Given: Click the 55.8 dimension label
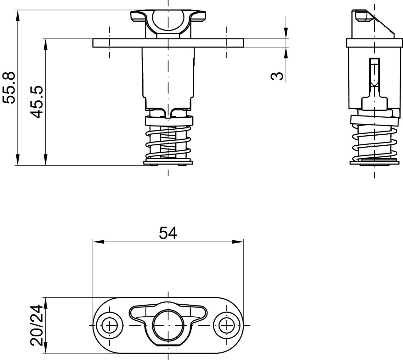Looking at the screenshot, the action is click(x=9, y=88).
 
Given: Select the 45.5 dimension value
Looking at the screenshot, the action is click(x=37, y=102).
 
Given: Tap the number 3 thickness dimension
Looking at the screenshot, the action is click(x=277, y=76).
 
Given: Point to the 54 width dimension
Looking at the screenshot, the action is click(x=168, y=233).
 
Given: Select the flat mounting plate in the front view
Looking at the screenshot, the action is click(x=168, y=43).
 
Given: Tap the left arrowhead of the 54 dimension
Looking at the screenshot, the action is click(x=99, y=242).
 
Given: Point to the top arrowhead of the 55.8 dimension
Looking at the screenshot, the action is click(x=18, y=15).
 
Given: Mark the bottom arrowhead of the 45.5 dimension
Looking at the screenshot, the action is click(x=46, y=160).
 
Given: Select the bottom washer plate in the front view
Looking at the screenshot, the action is click(x=168, y=163).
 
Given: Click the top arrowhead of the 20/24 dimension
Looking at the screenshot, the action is click(x=46, y=303).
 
